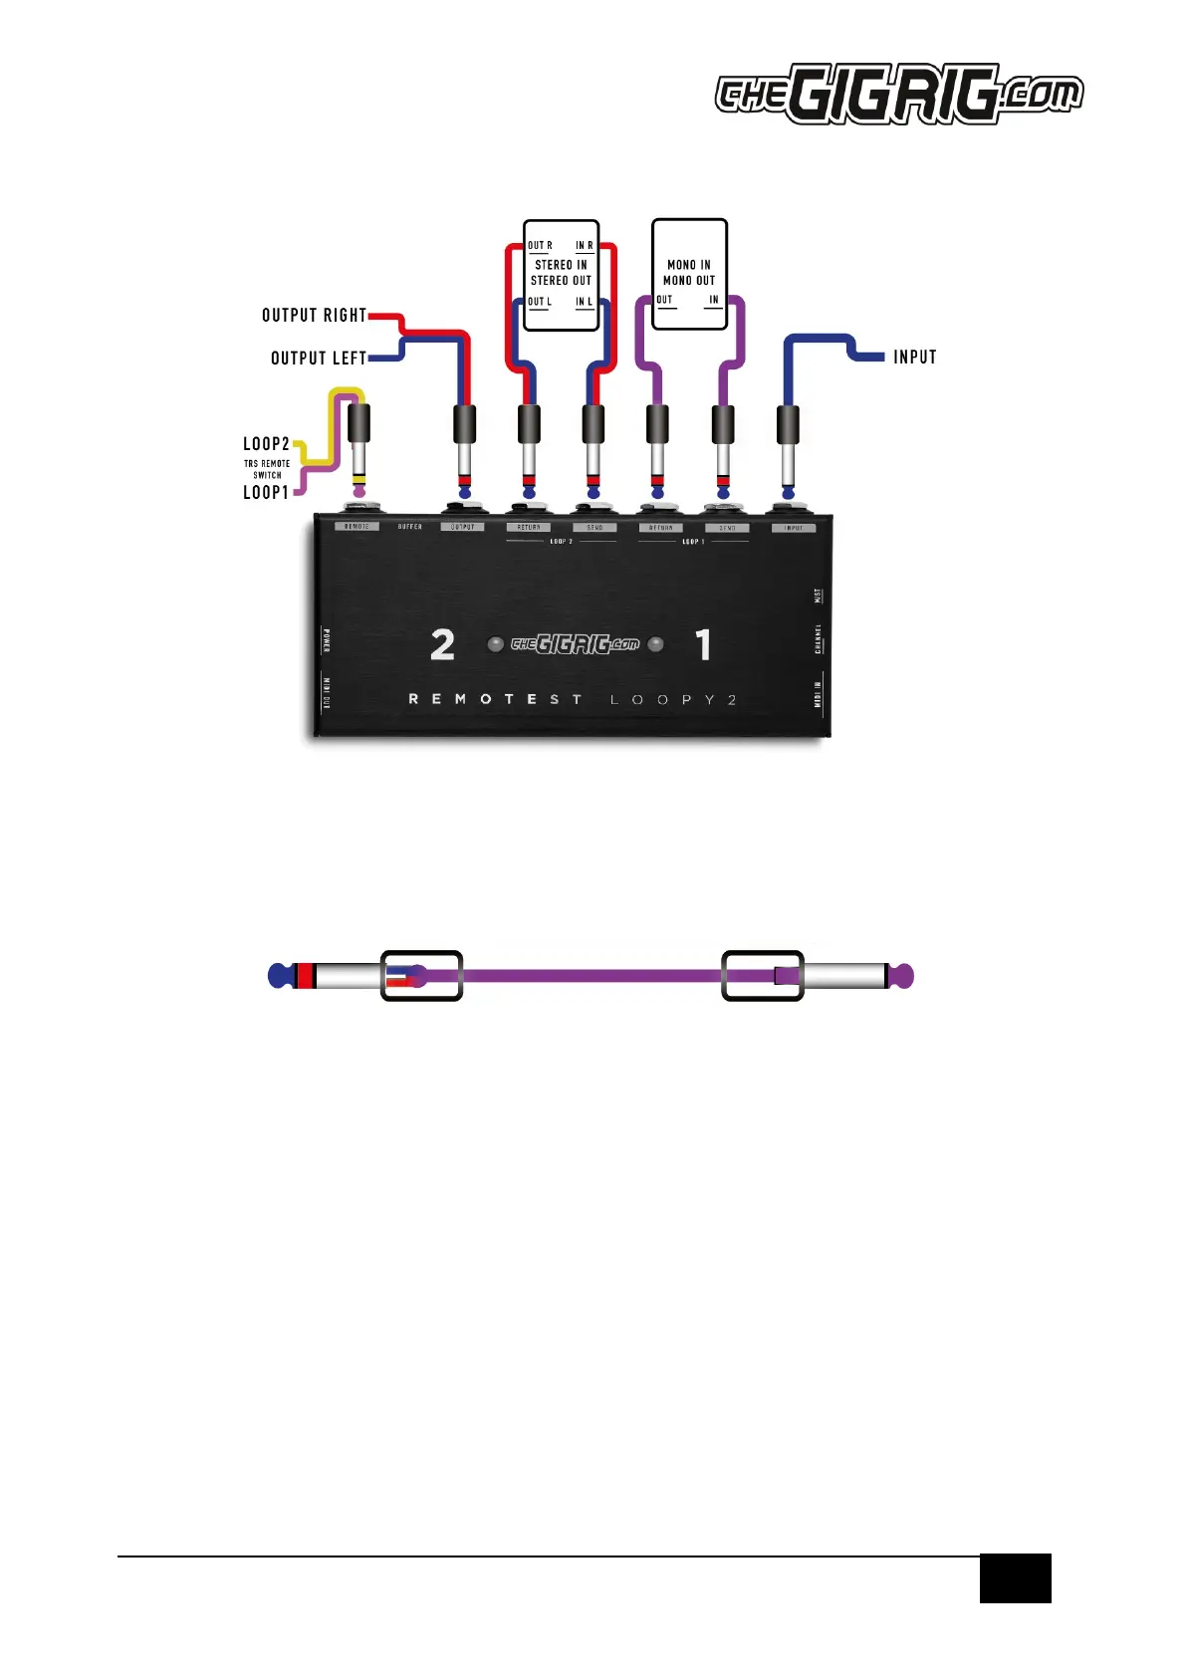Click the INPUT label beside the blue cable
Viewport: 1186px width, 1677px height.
[914, 357]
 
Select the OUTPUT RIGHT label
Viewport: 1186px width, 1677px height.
[314, 316]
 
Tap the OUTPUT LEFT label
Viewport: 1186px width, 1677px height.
[319, 359]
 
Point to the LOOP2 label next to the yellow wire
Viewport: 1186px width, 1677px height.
[266, 444]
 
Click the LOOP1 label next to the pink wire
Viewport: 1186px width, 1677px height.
[266, 492]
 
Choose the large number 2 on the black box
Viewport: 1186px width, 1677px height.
[442, 645]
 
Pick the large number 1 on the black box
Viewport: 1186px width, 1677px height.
[704, 645]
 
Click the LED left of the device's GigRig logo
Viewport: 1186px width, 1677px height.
[495, 644]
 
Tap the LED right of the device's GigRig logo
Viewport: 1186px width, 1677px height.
[655, 644]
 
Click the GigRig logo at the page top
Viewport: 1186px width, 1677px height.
[898, 95]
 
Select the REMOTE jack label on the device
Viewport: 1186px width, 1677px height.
[356, 526]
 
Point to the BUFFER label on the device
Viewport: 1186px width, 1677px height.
[410, 526]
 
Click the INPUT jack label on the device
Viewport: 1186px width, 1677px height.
[794, 528]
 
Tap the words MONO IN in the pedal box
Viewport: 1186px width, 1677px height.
[689, 265]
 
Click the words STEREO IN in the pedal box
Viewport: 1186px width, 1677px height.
[561, 265]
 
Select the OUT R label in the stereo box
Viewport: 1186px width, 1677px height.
[540, 245]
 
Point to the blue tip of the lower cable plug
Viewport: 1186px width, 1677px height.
[280, 976]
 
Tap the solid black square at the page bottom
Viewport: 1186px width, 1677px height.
[1015, 1577]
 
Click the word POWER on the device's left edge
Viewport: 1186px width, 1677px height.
[327, 640]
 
